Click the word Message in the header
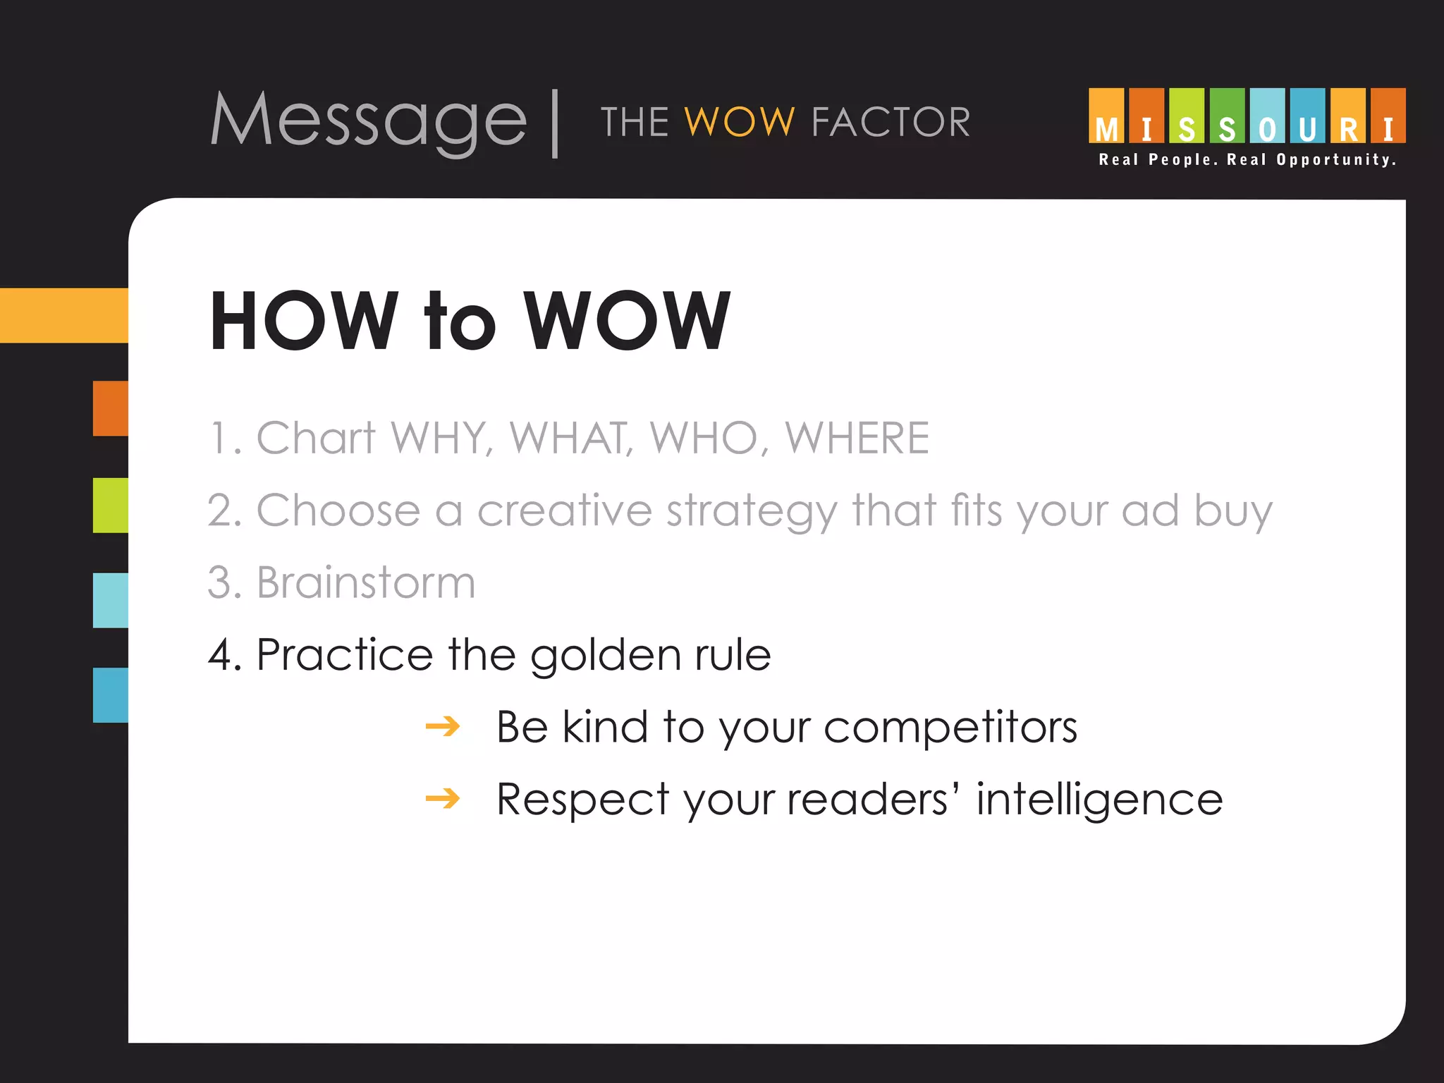(369, 121)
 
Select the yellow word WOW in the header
(740, 122)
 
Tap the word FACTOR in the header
(891, 122)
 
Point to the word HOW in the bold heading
(304, 321)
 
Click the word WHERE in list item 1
(857, 438)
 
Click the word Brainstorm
(365, 582)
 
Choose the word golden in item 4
(605, 656)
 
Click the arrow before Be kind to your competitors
(443, 726)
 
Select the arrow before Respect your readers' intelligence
(443, 799)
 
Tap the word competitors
(950, 727)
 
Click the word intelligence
(1099, 800)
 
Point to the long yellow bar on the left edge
(64, 315)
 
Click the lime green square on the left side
(111, 505)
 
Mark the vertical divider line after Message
(556, 123)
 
